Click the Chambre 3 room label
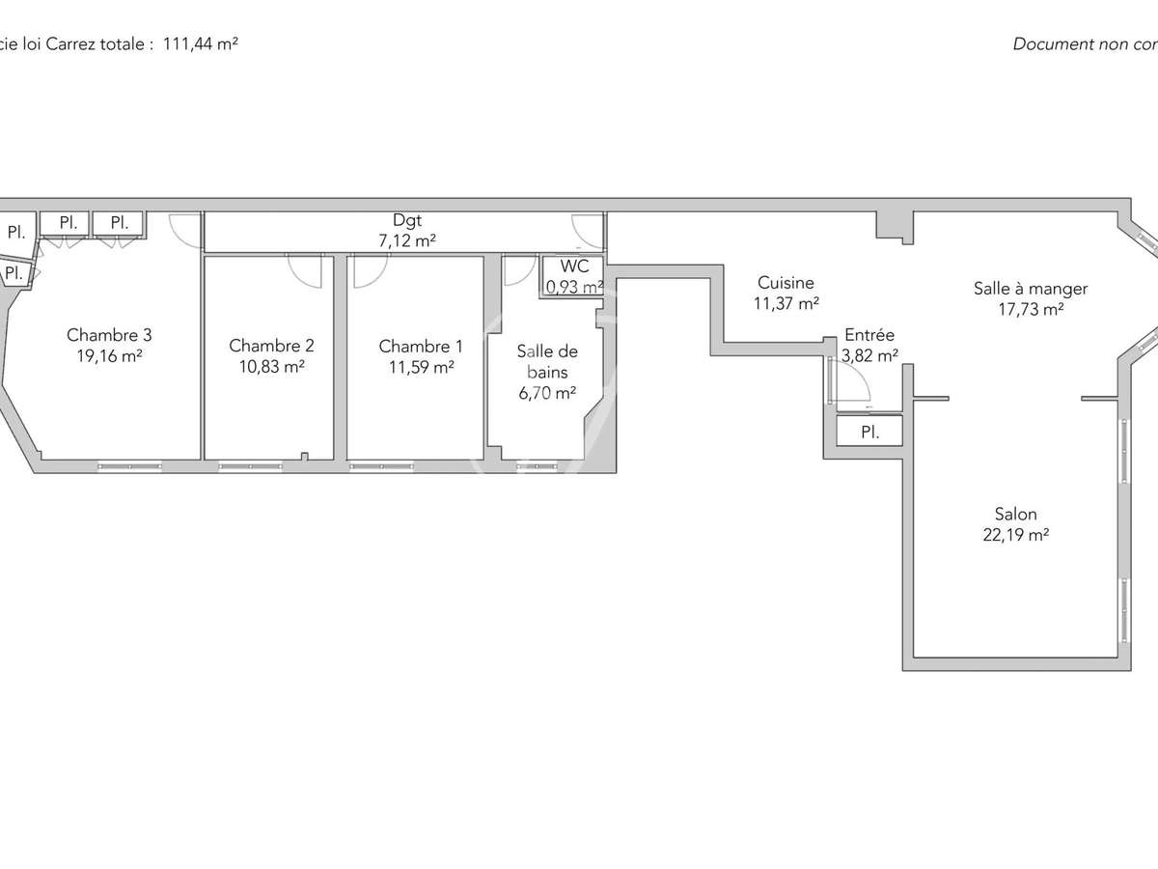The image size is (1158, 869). (109, 335)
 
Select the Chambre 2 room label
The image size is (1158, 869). (271, 346)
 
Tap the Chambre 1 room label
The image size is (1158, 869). (421, 346)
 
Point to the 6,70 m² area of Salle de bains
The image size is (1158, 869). (547, 391)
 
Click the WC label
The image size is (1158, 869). (574, 266)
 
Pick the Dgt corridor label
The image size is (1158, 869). (407, 221)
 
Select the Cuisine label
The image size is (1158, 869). (786, 283)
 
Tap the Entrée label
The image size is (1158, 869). (869, 335)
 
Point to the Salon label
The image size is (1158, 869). (1016, 514)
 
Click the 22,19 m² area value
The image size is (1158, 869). (1016, 534)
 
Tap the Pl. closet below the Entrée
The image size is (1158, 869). (869, 432)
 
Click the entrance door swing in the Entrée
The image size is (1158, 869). (851, 379)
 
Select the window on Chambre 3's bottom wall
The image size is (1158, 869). (130, 466)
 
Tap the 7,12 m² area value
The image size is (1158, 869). (407, 241)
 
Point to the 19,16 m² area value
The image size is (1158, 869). (109, 355)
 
